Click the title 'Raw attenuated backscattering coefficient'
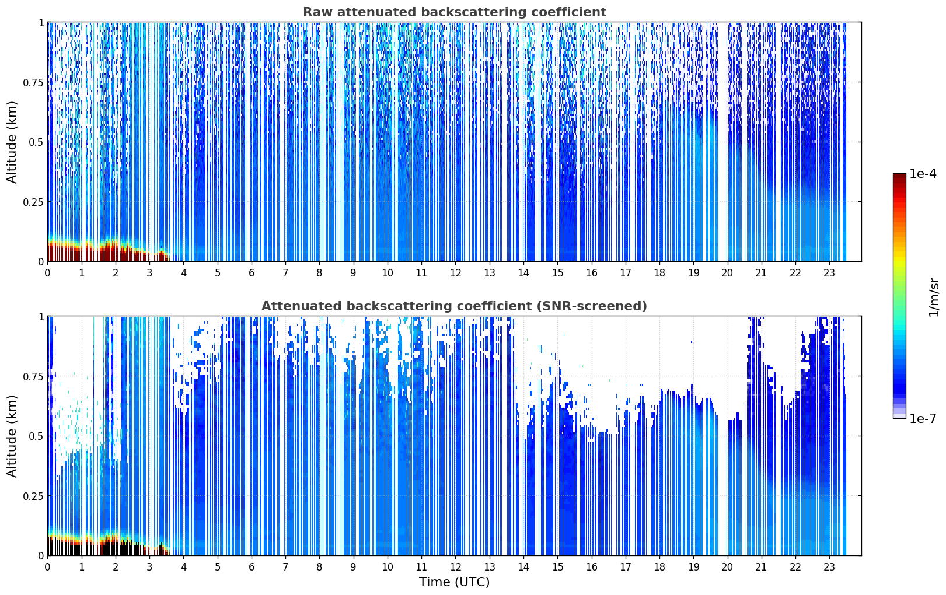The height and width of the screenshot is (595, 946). (455, 12)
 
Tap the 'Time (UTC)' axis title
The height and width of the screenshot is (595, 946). (455, 582)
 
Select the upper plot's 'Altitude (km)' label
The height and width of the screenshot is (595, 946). (12, 142)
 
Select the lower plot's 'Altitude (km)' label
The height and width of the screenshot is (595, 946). (12, 436)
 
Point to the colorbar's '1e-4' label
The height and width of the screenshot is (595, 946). (923, 174)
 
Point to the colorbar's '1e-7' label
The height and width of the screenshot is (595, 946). (923, 419)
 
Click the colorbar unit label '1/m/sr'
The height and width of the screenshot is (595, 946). (934, 297)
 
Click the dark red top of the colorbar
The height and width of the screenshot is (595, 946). (899, 176)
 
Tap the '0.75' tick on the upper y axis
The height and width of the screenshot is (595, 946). (33, 82)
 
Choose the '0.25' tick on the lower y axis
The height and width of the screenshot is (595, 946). (33, 496)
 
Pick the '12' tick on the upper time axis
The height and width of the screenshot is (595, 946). (456, 273)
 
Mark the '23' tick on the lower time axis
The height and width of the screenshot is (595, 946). (829, 567)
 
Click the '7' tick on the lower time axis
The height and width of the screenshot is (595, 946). (285, 567)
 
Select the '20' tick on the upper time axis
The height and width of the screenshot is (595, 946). (727, 273)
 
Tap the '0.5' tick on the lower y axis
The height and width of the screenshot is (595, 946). (36, 436)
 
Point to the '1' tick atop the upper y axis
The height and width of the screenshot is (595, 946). (41, 22)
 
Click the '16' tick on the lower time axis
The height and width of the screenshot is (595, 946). (592, 567)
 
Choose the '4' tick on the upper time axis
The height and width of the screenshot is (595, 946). (184, 273)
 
